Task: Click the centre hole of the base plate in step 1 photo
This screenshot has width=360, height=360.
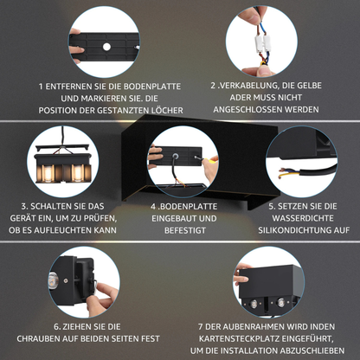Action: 106,45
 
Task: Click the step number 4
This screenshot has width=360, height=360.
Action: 152,207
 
